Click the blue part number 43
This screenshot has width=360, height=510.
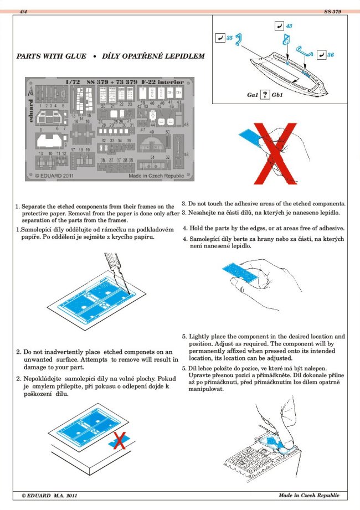pos(289,26)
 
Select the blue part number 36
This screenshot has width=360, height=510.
pos(330,55)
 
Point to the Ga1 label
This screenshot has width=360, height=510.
pos(253,95)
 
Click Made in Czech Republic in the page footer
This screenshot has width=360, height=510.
pos(308,495)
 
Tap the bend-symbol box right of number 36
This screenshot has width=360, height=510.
pos(322,55)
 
